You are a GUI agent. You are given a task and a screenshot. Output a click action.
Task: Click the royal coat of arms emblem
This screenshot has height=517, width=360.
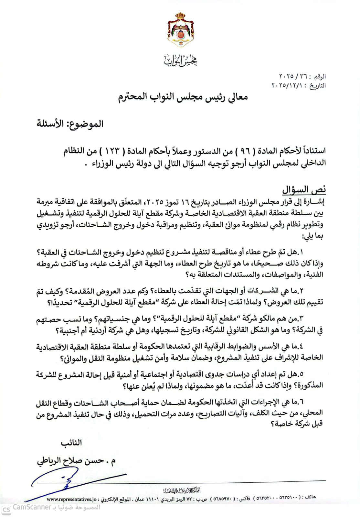click(180, 30)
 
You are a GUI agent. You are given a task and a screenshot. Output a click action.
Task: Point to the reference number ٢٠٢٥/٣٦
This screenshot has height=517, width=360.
click(291, 77)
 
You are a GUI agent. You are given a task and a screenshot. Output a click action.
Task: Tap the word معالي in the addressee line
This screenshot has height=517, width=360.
click(237, 97)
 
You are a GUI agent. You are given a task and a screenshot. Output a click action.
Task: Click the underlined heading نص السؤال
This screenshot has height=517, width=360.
click(304, 190)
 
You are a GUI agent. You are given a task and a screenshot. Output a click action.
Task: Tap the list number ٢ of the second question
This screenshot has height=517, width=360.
click(301, 291)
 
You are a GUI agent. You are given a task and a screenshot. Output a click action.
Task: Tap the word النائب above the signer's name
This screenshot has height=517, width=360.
click(72, 443)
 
